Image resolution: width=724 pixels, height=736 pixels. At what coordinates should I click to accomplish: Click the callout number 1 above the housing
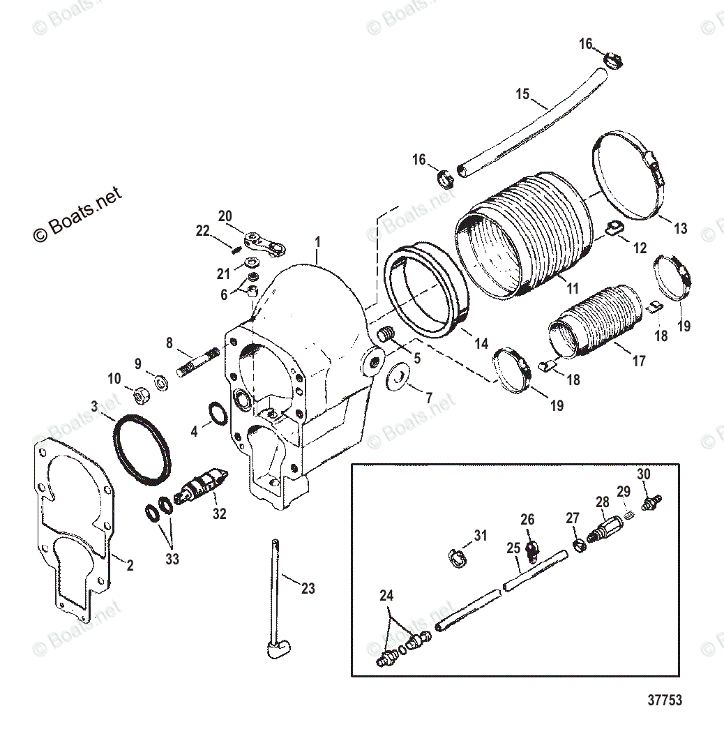tap(317, 242)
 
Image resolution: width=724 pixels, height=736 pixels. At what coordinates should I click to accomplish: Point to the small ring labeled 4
tap(216, 414)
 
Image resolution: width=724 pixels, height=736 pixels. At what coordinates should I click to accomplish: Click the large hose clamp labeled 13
tap(628, 173)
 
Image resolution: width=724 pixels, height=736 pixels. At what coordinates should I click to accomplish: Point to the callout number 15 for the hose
tap(523, 93)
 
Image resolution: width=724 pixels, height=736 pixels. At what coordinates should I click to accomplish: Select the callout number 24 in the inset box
tap(386, 596)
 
